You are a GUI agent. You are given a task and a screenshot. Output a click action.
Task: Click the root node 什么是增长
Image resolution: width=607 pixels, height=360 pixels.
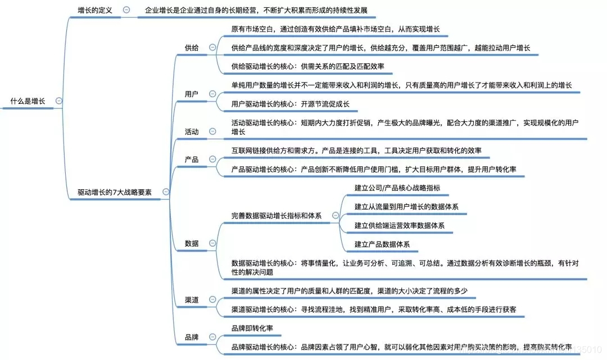coord(28,101)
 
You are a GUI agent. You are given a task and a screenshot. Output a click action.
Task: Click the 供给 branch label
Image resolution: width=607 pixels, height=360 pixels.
coord(192,48)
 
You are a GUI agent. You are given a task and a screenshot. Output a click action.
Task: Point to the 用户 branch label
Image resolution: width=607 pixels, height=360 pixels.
coord(192,94)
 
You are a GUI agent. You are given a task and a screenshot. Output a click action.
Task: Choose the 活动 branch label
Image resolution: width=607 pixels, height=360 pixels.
coord(192,132)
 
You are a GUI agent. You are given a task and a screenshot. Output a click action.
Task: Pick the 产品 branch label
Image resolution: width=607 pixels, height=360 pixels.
coord(192,160)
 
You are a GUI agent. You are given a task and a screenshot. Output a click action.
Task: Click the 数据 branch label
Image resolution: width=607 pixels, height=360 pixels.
coord(192,243)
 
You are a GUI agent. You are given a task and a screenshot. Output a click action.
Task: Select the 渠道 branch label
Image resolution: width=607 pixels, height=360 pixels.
coord(192,300)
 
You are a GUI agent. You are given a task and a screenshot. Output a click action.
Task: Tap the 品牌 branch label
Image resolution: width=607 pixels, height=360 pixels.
coord(192,338)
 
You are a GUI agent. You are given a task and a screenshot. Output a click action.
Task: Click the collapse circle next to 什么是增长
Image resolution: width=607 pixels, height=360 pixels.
coord(59,101)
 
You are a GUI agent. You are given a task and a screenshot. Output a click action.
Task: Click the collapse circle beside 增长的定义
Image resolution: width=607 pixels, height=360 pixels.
coord(126,10)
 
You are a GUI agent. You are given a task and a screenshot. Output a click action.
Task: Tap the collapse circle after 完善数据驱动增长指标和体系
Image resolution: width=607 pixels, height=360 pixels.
coord(336,215)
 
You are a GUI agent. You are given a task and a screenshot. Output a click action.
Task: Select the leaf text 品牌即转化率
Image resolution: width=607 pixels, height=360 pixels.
coord(252,327)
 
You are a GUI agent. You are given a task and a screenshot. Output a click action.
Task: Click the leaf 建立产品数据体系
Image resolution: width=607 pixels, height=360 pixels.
coord(382,244)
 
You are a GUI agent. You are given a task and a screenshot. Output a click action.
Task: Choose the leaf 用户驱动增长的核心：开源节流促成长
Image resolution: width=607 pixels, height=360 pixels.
coord(290,104)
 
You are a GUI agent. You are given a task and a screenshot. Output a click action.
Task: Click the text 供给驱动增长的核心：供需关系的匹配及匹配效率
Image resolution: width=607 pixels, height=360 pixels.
coord(307,66)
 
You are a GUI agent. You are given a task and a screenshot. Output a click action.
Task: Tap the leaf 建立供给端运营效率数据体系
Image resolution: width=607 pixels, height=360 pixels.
coord(400,225)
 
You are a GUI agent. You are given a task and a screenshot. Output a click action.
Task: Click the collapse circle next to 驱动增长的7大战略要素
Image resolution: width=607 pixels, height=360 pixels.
coord(165,192)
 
